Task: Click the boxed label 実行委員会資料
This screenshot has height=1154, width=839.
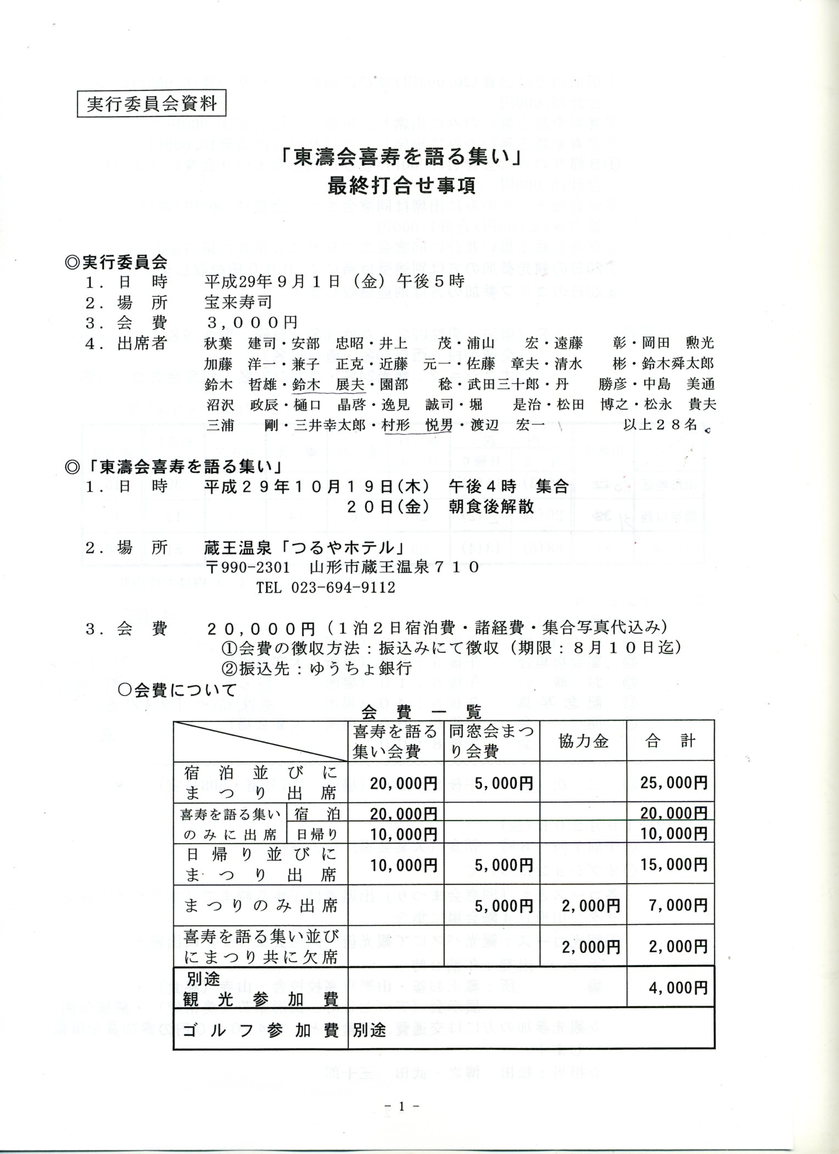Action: click(x=151, y=104)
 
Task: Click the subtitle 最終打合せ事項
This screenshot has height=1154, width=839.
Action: click(x=401, y=186)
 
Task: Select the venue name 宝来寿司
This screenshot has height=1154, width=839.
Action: click(x=238, y=302)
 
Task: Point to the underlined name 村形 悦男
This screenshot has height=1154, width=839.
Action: click(x=418, y=425)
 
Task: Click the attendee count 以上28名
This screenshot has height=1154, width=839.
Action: click(x=660, y=424)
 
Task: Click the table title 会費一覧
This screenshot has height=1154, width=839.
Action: click(x=421, y=712)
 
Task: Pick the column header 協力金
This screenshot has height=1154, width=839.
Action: click(x=583, y=741)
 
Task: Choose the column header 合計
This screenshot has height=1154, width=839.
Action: click(x=670, y=741)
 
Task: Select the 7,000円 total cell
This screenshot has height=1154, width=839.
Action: click(x=678, y=905)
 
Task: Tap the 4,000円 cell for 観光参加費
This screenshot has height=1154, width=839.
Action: click(x=678, y=987)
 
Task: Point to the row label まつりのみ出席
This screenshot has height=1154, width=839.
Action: click(x=260, y=906)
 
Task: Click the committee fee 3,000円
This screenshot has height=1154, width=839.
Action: click(x=252, y=322)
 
